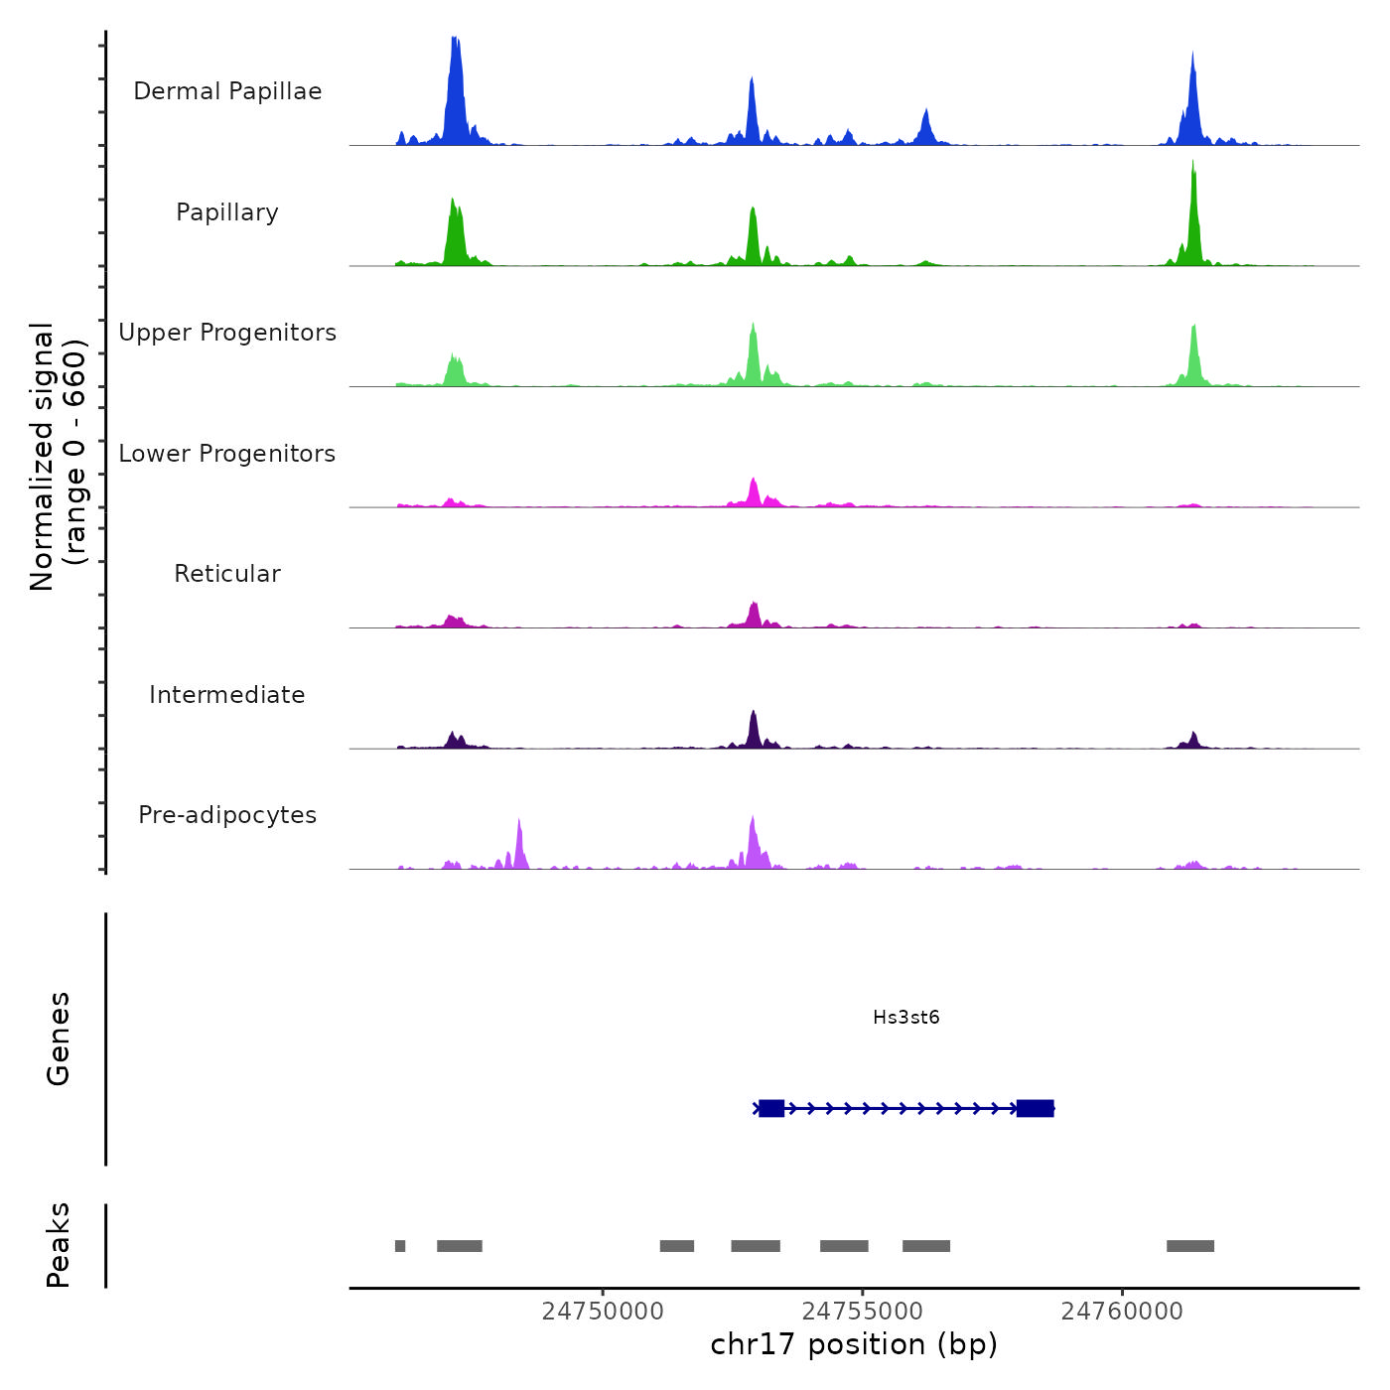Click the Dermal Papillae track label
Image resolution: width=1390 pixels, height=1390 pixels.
[227, 91]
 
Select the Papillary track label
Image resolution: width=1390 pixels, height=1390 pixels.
[227, 212]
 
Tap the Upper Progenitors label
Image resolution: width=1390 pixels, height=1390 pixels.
[227, 333]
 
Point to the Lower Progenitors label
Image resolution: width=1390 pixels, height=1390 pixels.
[227, 454]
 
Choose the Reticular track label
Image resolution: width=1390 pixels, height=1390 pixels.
[227, 574]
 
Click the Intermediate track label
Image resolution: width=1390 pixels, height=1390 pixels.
[227, 695]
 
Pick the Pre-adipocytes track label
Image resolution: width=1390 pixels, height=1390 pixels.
[227, 815]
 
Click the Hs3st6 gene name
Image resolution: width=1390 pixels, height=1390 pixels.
[905, 1017]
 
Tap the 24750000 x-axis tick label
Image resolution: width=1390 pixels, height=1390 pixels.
[603, 1312]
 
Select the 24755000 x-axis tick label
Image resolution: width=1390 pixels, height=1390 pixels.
[863, 1312]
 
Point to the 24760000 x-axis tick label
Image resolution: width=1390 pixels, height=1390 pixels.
[1122, 1312]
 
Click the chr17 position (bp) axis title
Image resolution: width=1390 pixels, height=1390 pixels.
[854, 1344]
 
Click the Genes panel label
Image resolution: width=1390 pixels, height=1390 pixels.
[59, 1039]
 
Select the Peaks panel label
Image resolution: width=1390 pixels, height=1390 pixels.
[59, 1245]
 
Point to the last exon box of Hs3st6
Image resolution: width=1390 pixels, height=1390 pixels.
[1035, 1108]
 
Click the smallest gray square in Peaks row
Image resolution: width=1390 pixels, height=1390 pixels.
[400, 1246]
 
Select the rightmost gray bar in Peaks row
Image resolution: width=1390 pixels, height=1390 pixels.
[1189, 1246]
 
